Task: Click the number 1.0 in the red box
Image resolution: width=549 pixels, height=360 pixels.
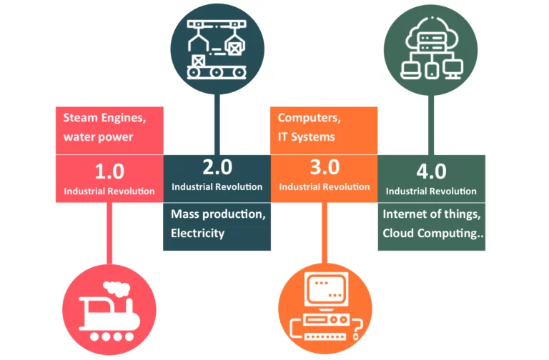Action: (109, 171)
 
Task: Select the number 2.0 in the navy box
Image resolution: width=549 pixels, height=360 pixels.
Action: (217, 167)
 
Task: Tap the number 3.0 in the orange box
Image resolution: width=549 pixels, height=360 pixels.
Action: (325, 167)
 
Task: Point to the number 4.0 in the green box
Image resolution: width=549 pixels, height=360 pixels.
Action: (431, 171)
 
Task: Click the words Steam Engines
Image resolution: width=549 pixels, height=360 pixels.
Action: (104, 118)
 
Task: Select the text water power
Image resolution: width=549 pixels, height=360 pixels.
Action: (98, 137)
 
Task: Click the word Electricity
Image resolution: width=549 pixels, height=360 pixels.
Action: (197, 233)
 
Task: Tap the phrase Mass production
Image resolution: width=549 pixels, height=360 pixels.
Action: (218, 214)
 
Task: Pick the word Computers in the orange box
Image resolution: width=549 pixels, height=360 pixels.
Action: (309, 118)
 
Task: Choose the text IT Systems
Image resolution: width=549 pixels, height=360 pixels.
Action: (307, 137)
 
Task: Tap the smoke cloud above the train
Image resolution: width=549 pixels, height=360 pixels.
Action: (117, 289)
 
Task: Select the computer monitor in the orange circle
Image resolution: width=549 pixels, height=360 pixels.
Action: (326, 290)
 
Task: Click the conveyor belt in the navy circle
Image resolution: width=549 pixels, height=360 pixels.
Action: (217, 72)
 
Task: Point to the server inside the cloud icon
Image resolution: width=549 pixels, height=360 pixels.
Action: (432, 42)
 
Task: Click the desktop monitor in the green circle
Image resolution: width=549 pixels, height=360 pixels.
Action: (452, 69)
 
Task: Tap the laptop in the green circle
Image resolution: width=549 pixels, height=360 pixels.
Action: (411, 70)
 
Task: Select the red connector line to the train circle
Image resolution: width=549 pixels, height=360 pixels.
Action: (109, 233)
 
